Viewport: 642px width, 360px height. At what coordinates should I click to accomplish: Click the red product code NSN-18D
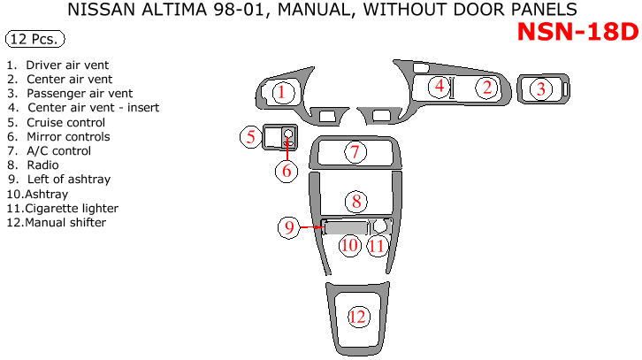pyautogui.click(x=577, y=32)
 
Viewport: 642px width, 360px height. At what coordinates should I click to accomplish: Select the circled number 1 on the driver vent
pyautogui.click(x=280, y=92)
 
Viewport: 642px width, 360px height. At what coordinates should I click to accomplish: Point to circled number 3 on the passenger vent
pyautogui.click(x=540, y=88)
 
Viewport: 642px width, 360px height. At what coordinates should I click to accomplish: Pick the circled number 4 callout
pyautogui.click(x=439, y=86)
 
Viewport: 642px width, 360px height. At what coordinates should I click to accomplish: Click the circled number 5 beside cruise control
pyautogui.click(x=251, y=136)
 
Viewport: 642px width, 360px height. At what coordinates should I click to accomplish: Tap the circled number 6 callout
pyautogui.click(x=287, y=171)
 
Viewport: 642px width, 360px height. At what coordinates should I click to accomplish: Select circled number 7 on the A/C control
pyautogui.click(x=355, y=152)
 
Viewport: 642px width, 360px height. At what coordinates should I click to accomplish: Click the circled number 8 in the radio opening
pyautogui.click(x=356, y=201)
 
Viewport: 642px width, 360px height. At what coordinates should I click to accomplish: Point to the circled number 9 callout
pyautogui.click(x=289, y=227)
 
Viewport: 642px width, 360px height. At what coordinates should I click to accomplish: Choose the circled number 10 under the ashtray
pyautogui.click(x=350, y=244)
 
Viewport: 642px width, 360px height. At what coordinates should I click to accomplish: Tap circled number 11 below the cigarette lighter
pyautogui.click(x=378, y=244)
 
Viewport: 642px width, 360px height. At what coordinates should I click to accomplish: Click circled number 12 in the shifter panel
pyautogui.click(x=357, y=316)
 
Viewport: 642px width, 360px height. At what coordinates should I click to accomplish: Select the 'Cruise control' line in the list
pyautogui.click(x=65, y=123)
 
